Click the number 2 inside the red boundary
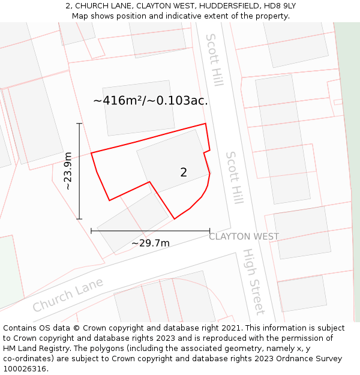coord(184,173)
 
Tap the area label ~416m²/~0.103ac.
coord(151,101)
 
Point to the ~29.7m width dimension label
coord(150,243)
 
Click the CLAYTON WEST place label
coord(244,236)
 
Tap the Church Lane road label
coord(68,294)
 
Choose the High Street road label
coord(254,281)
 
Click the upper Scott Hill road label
coord(214,59)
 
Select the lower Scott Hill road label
coord(235,178)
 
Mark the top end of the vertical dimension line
coord(79,123)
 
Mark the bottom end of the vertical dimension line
coord(79,219)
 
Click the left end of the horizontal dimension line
coord(91,230)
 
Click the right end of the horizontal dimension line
coord(209,230)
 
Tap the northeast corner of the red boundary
coord(206,124)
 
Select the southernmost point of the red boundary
coord(175,219)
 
